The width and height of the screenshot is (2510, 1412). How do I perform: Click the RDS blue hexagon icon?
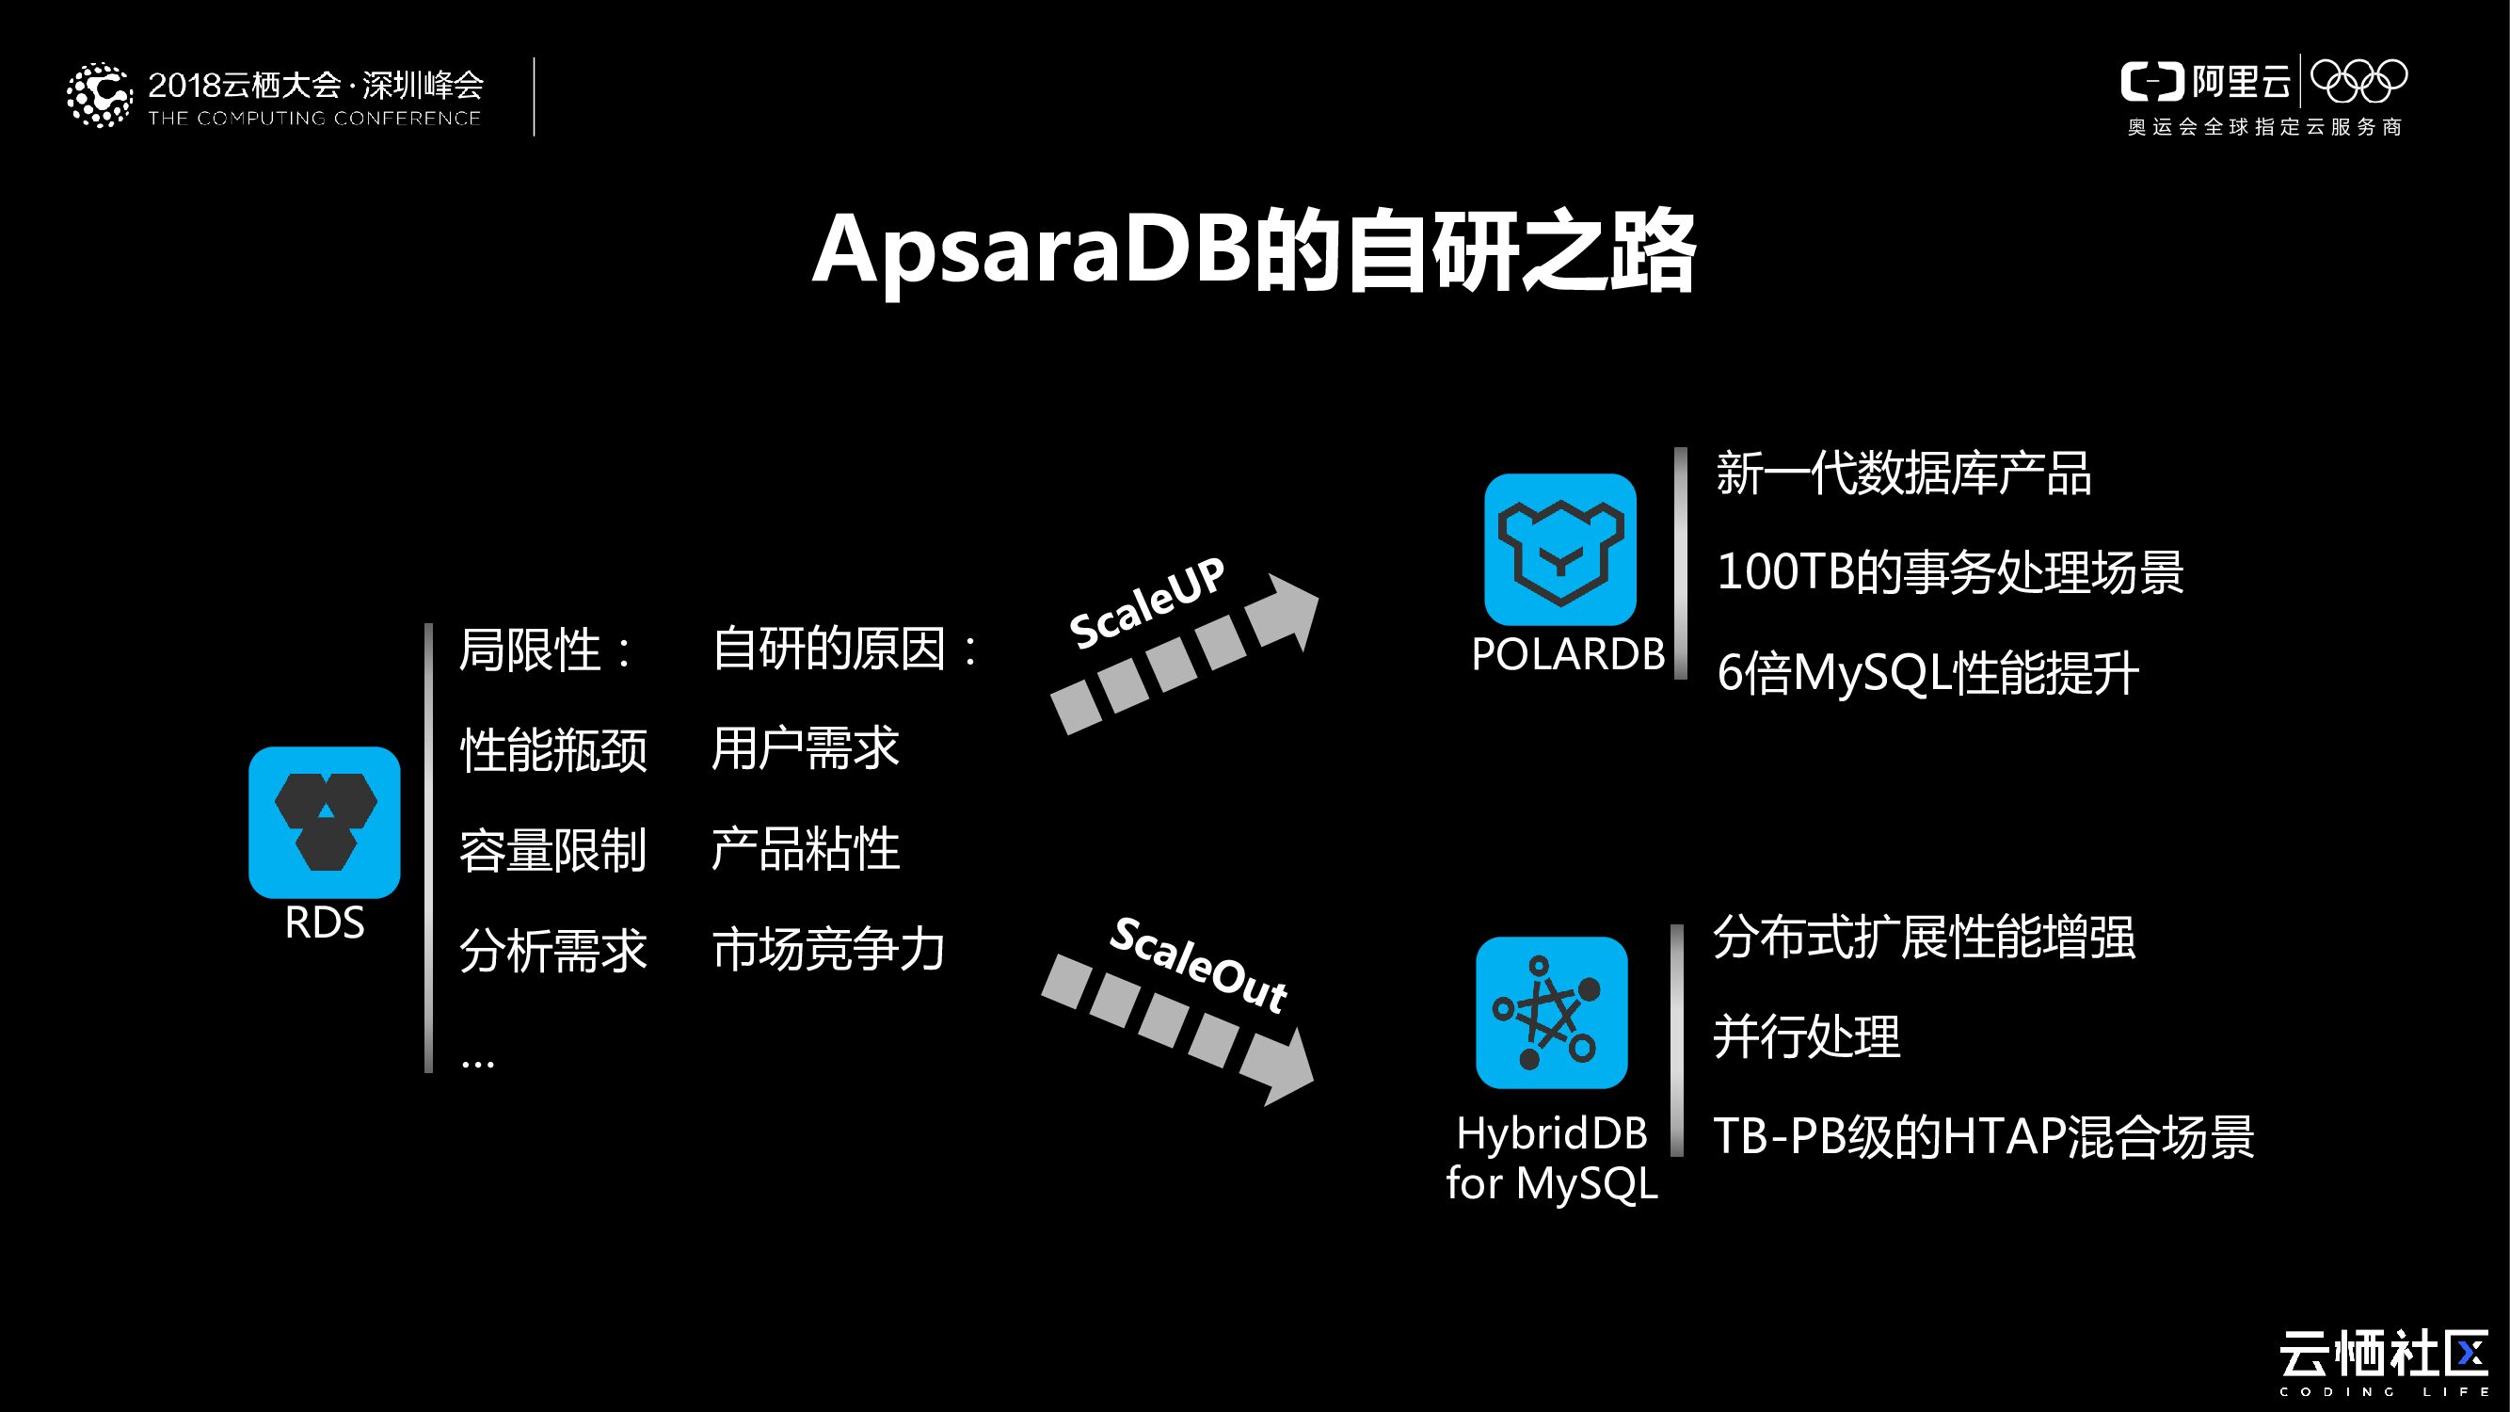[325, 822]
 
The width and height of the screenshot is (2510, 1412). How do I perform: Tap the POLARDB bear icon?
[1560, 550]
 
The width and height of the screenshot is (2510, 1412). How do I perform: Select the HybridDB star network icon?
[1551, 1013]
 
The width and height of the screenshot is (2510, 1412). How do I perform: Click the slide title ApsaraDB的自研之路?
[1254, 250]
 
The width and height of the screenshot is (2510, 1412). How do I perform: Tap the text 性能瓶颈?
[553, 750]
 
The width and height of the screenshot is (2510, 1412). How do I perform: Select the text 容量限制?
[553, 850]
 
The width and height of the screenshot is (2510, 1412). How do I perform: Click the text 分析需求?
[553, 950]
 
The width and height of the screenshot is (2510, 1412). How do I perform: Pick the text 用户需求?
[805, 748]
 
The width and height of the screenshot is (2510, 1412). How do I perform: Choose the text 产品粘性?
[805, 849]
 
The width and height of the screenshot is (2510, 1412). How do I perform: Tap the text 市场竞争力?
[828, 949]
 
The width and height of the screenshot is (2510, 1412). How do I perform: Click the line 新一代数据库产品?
[1903, 474]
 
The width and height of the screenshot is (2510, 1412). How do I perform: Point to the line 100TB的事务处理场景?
[1950, 572]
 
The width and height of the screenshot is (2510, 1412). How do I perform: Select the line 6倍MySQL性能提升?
[1927, 673]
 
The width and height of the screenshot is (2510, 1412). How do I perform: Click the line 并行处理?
[1806, 1036]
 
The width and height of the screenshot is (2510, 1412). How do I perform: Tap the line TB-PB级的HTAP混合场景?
[1983, 1136]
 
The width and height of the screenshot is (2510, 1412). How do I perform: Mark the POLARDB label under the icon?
[1568, 654]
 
